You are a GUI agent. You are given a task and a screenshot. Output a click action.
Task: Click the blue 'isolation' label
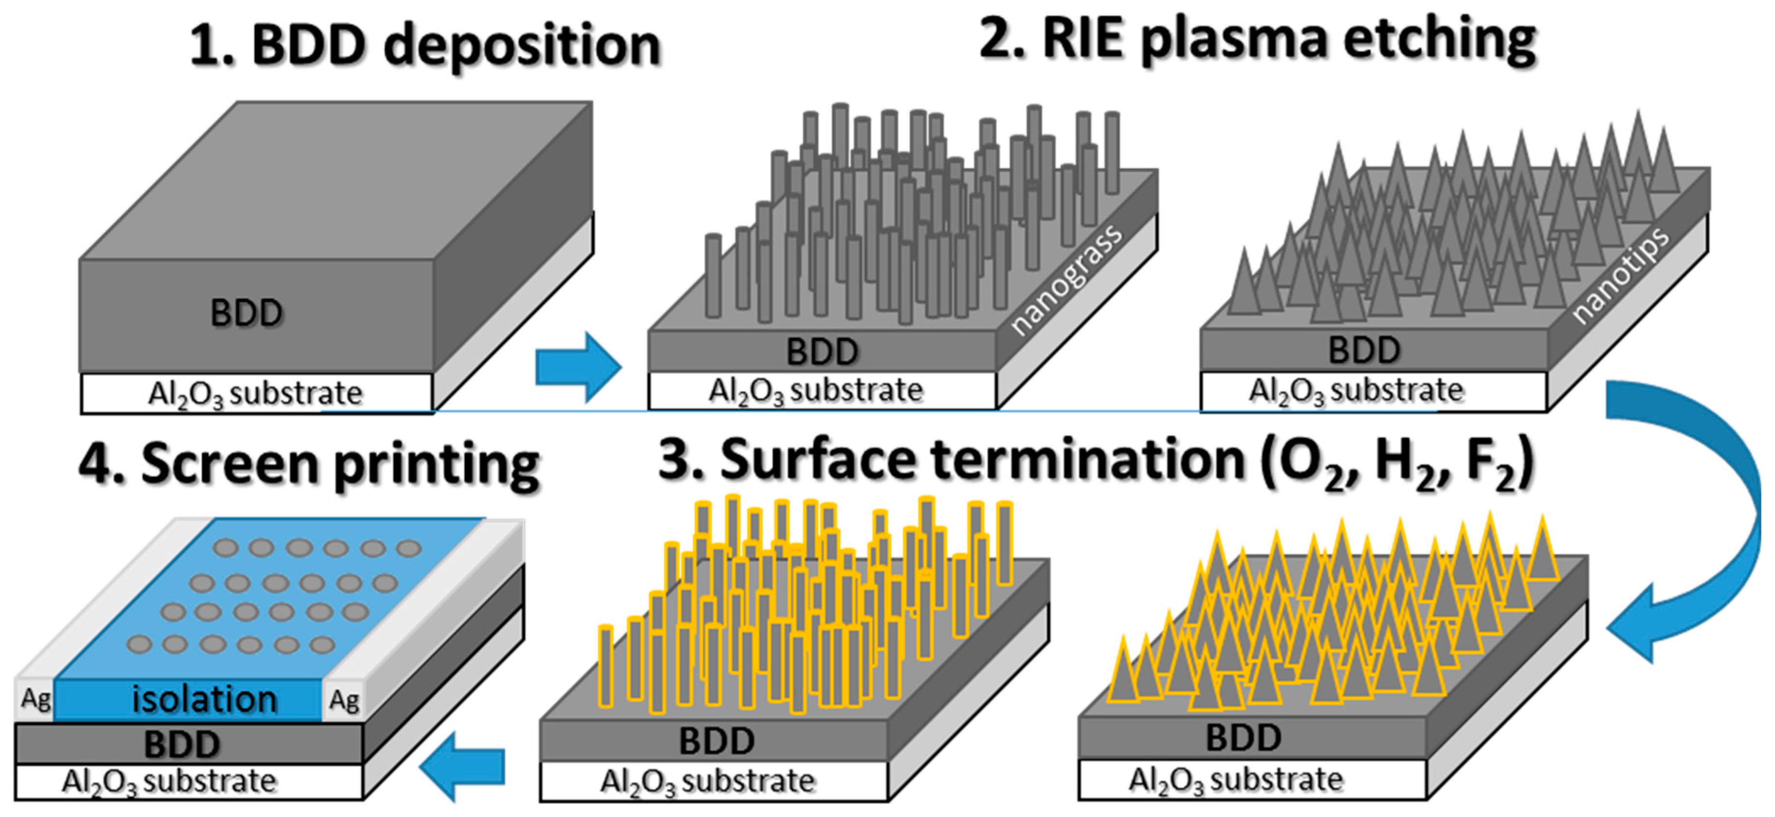point(205,700)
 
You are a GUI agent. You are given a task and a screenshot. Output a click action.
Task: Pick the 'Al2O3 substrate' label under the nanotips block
point(1355,391)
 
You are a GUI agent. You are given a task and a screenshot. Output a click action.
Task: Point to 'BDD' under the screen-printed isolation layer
point(182,744)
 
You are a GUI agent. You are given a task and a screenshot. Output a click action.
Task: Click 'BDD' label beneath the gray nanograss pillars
point(822,352)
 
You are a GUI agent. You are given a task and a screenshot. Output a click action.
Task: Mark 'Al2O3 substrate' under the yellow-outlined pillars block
point(708,781)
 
